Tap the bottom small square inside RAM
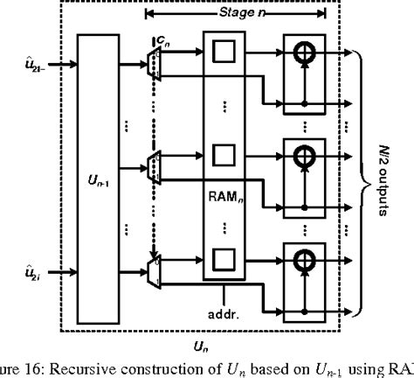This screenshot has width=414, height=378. tap(224, 258)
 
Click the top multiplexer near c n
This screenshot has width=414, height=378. tap(155, 63)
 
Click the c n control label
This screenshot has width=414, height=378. tap(162, 41)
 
